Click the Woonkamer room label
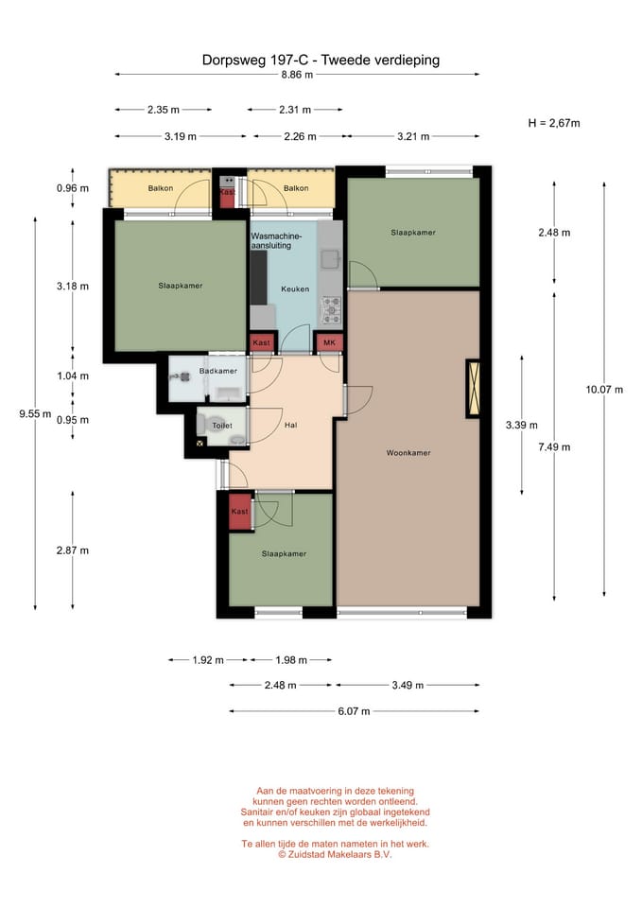click(x=408, y=453)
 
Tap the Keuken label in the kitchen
click(x=294, y=289)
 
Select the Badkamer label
click(x=217, y=371)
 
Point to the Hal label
click(x=291, y=426)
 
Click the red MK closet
click(x=329, y=342)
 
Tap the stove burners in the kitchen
click(x=332, y=306)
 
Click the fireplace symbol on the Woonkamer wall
click(x=472, y=390)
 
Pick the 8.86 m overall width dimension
click(x=296, y=74)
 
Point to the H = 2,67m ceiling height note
click(x=554, y=123)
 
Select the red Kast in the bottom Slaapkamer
click(x=240, y=512)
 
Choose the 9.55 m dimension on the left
click(x=35, y=413)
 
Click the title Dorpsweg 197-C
click(x=258, y=60)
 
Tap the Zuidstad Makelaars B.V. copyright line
click(x=335, y=854)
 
